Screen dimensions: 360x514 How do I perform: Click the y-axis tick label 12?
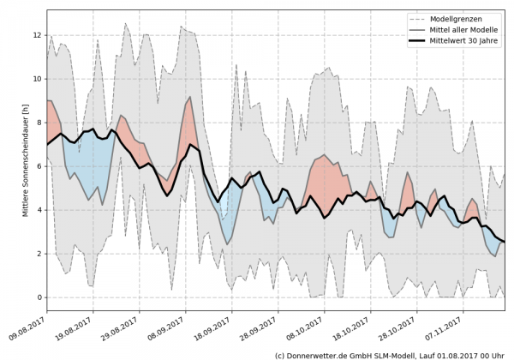pyautogui.click(x=36, y=35)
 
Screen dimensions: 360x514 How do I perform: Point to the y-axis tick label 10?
pyautogui.click(x=36, y=79)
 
